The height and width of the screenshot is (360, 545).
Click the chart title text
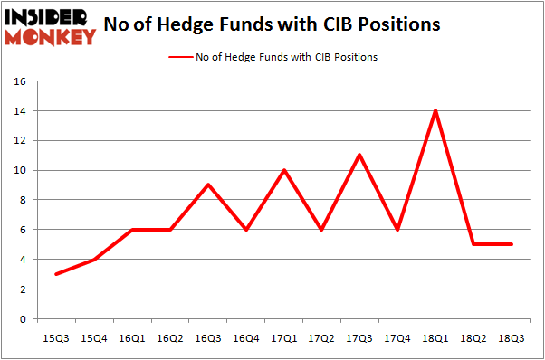(272, 24)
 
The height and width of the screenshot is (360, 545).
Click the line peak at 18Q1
(435, 111)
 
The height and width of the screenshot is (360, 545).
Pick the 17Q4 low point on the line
(398, 230)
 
